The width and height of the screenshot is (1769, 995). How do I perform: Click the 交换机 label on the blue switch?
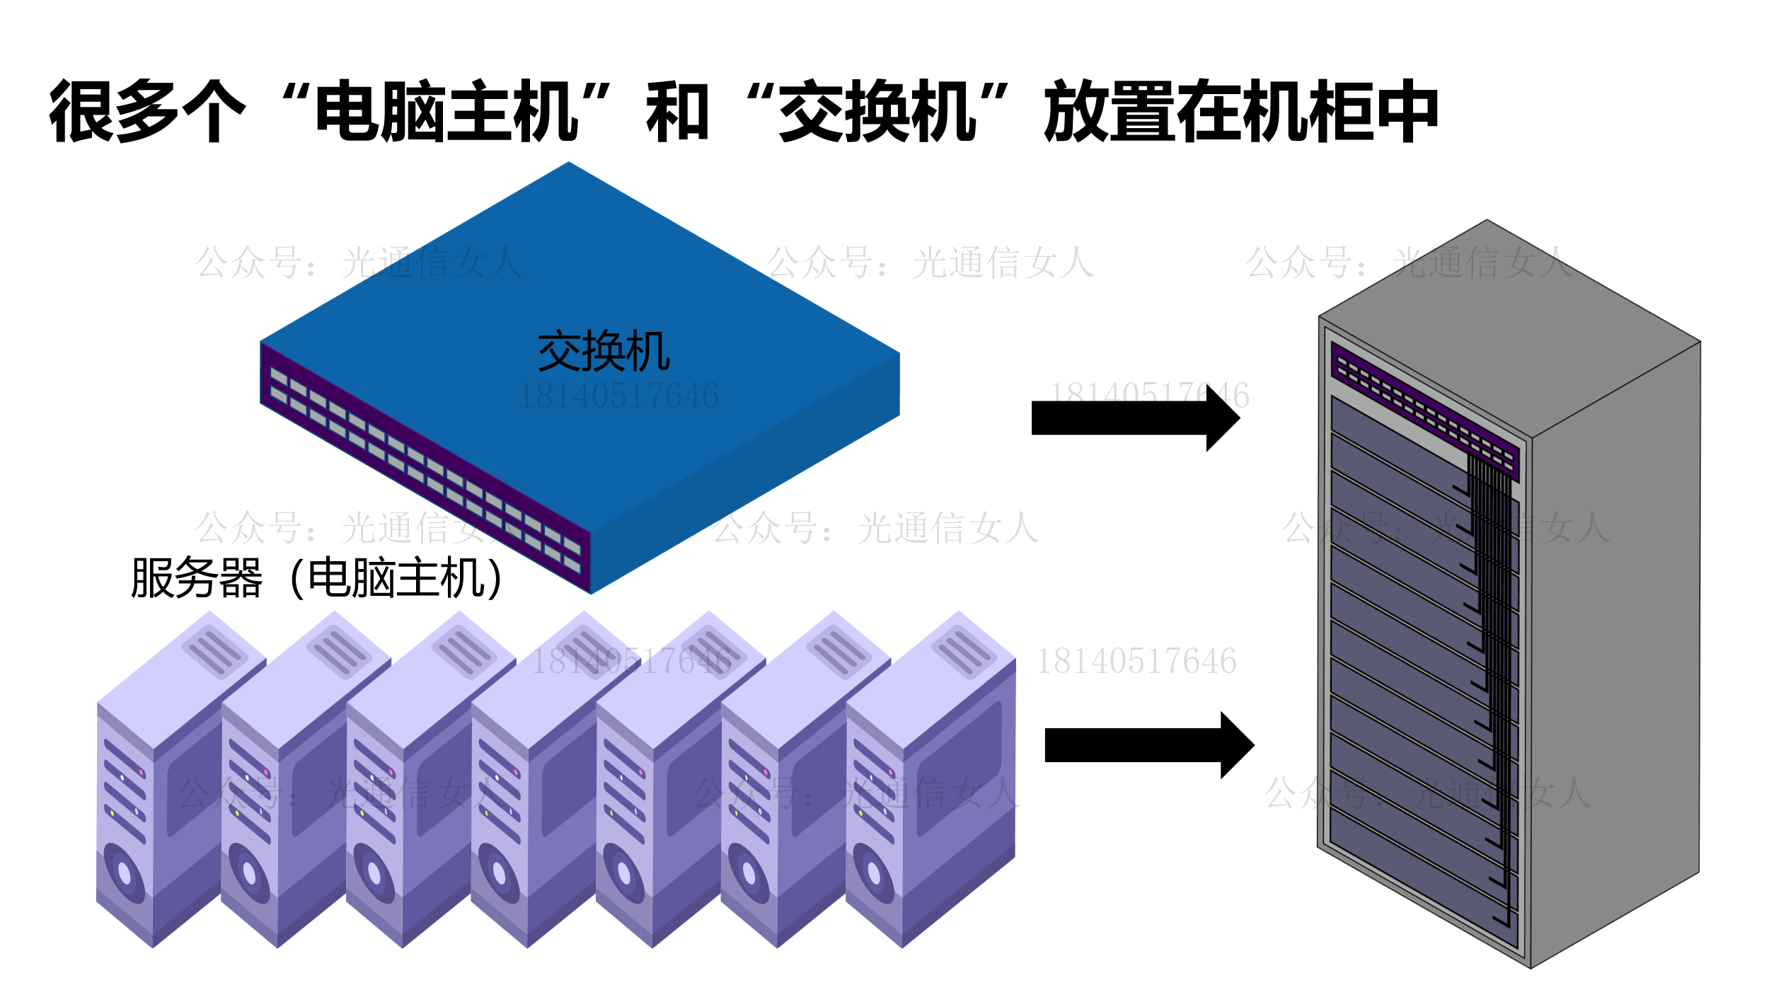[x=604, y=352]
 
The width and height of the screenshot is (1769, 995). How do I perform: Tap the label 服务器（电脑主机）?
[x=317, y=578]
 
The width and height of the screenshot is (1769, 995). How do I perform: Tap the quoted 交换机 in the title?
[x=877, y=111]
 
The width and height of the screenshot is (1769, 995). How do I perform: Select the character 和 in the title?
[x=677, y=111]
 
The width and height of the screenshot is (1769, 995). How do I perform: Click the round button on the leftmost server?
[x=125, y=873]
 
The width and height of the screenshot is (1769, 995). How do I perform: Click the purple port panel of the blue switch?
[x=425, y=468]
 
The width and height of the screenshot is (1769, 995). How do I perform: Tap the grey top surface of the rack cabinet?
[x=1507, y=326]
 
